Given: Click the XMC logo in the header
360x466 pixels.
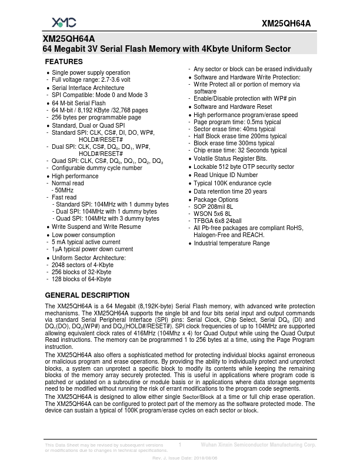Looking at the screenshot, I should [64, 22].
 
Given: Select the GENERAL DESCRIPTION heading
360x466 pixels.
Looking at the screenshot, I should [87, 295].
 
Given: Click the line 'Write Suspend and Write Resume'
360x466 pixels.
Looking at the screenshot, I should [96, 227].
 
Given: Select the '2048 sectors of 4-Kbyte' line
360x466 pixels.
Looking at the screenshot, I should [82, 265].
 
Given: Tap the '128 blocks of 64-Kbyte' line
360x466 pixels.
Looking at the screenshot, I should [81, 279].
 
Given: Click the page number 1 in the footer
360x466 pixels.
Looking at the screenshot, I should [179, 445].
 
